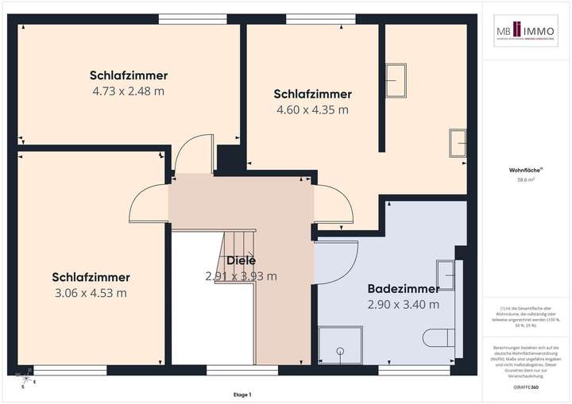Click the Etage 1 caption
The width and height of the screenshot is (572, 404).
click(242, 394)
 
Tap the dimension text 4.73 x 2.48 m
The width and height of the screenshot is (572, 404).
click(129, 91)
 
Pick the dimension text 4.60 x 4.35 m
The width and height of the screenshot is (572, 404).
click(312, 110)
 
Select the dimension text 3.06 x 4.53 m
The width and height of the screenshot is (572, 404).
click(91, 293)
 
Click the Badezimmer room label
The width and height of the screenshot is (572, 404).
click(403, 288)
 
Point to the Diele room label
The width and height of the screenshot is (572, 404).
click(241, 260)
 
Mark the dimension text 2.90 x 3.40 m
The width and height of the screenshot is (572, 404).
click(403, 304)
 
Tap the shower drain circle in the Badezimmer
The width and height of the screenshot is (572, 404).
click(342, 349)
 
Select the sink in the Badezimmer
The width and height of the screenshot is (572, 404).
click(446, 275)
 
